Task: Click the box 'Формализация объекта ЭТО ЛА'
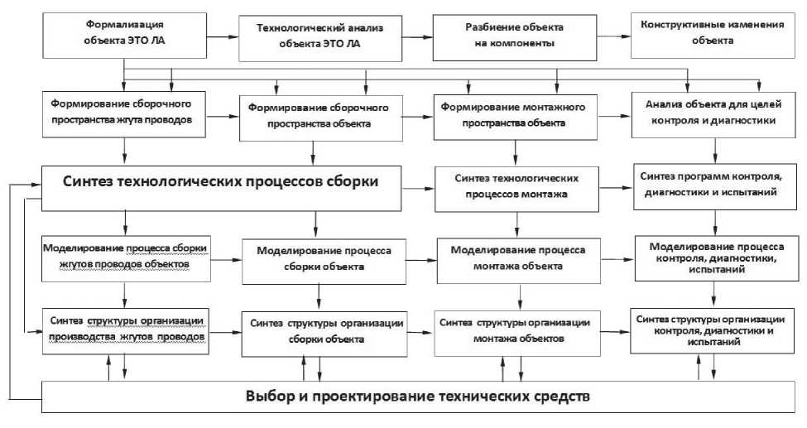124,34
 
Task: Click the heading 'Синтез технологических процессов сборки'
221,183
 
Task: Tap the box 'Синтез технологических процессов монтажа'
517,187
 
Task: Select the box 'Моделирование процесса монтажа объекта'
518,258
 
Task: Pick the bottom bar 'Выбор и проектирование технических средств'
417,395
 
